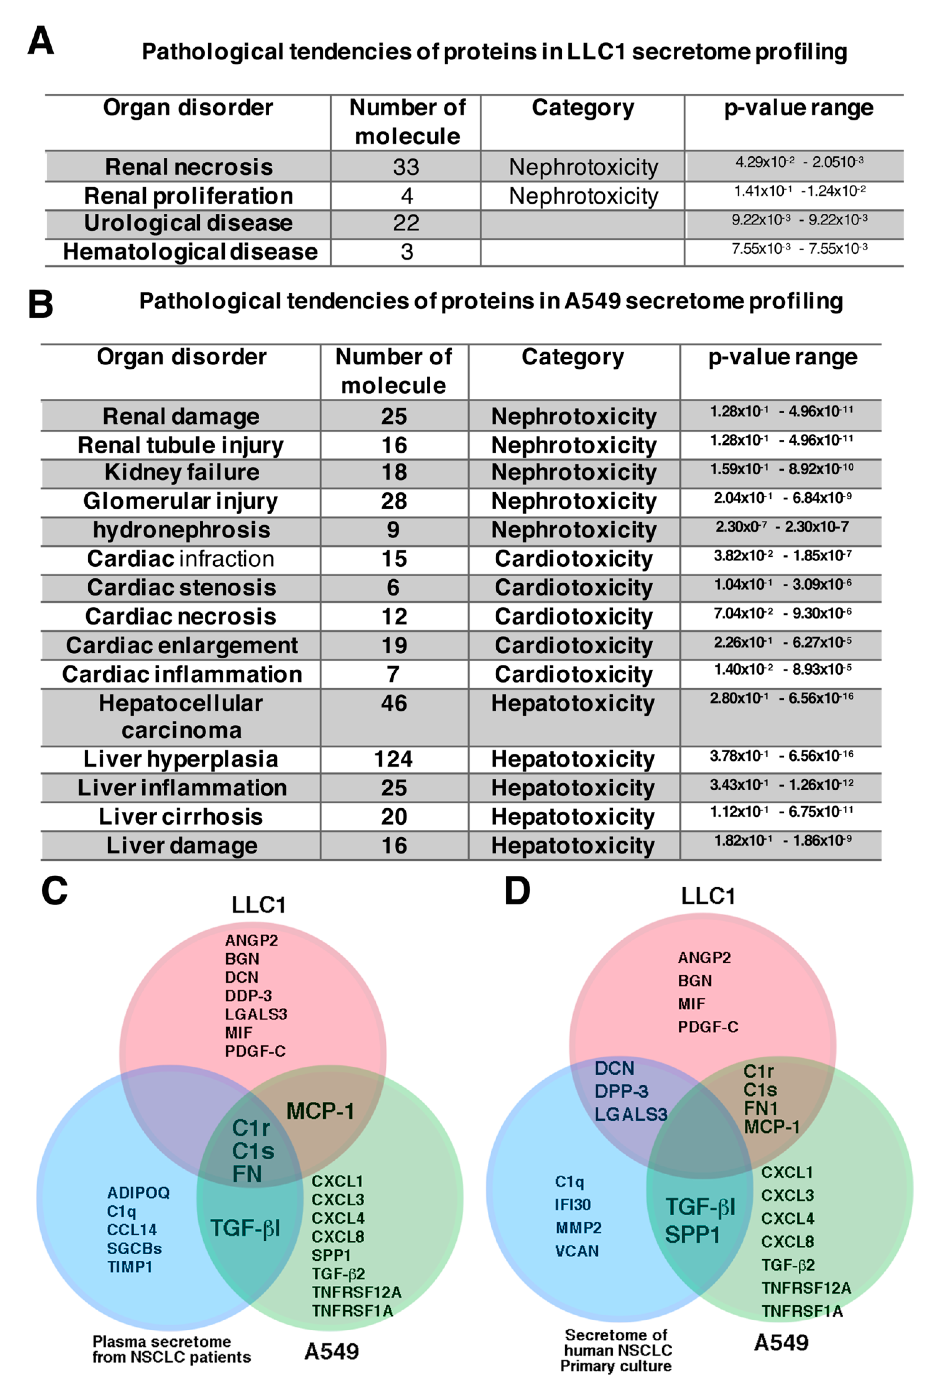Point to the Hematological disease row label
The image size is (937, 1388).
tap(190, 252)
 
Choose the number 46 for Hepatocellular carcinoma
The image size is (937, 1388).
tap(394, 703)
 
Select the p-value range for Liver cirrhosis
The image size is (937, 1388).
tap(781, 812)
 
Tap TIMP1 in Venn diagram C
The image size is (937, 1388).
tap(130, 1267)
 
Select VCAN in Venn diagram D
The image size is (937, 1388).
tap(577, 1251)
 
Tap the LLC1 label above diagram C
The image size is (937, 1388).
tap(258, 905)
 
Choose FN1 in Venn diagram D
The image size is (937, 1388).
tap(760, 1109)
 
